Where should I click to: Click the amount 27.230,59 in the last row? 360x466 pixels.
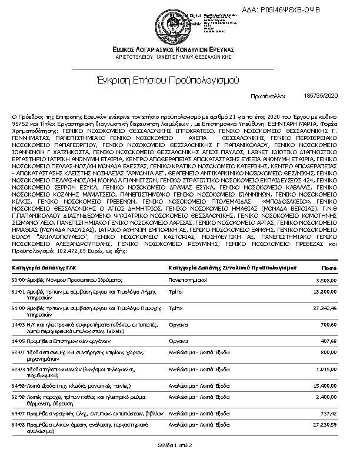(x=324, y=424)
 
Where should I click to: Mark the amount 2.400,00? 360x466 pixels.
(x=325, y=397)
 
